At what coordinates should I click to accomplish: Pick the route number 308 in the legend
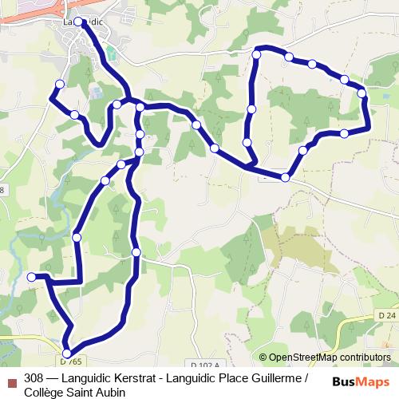(34, 378)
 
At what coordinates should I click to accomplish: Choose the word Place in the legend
(232, 378)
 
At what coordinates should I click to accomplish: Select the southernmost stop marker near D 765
(67, 353)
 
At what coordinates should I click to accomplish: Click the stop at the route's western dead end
(32, 277)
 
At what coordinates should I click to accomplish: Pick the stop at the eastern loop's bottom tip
(285, 176)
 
